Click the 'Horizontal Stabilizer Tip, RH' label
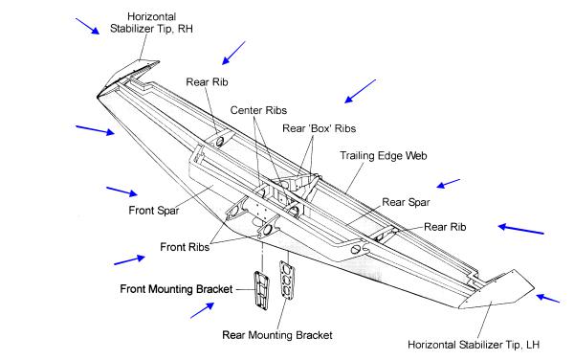click(151, 23)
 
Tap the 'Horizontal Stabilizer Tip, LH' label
click(474, 345)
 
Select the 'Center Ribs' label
click(258, 110)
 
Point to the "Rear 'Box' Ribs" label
click(319, 128)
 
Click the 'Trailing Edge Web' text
click(384, 156)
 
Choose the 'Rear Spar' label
click(406, 202)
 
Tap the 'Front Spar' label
click(154, 211)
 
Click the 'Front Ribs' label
click(185, 247)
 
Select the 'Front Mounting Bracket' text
click(176, 289)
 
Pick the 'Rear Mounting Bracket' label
click(277, 335)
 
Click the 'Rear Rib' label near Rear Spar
click(445, 227)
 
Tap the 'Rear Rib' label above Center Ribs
click(207, 82)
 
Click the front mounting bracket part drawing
click(261, 291)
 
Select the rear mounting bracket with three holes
click(287, 281)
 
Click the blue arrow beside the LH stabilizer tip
click(548, 298)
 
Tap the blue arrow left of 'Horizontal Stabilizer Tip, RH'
click(87, 27)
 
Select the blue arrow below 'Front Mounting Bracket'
click(203, 310)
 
